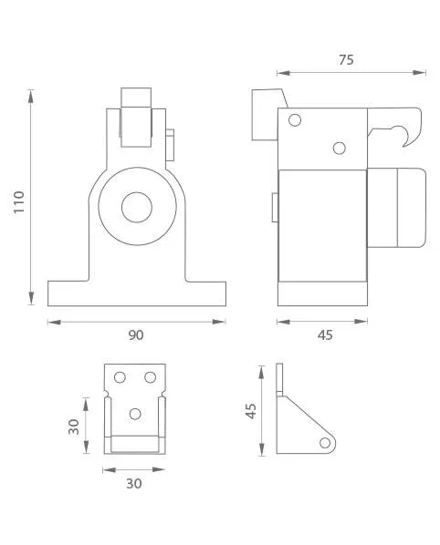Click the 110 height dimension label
coord(19,202)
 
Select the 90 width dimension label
coord(136,335)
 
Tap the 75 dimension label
coord(346,60)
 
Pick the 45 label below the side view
coord(325,335)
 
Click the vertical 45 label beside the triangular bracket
coord(251,411)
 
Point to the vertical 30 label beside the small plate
coord(74,427)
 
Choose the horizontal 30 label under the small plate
coord(134,484)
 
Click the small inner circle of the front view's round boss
coord(137,207)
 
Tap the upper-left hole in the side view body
coord(295,120)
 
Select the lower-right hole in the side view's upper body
coord(339,148)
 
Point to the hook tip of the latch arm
coord(403,146)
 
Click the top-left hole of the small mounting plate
coord(120,377)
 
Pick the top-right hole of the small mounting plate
coord(150,377)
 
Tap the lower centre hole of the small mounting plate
coord(135,414)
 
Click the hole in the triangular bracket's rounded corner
coord(325,443)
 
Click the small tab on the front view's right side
coord(170,145)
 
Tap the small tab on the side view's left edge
coord(275,207)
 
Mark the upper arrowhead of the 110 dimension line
coord(31,97)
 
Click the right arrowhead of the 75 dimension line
coord(419,73)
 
